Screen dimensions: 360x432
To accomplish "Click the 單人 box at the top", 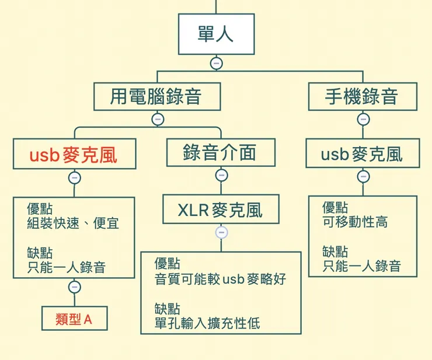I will [216, 34].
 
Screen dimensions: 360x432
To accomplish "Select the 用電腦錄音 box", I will [157, 96].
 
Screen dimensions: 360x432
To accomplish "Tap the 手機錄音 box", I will [363, 96].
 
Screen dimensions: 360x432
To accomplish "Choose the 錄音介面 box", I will [221, 153].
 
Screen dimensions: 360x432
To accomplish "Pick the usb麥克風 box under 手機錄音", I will [363, 153].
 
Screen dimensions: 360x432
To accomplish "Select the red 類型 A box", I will [74, 319].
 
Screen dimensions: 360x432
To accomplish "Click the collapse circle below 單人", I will [216, 63].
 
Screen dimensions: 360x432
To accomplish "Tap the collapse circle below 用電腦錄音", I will [157, 119].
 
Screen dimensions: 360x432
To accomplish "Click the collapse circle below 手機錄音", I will [363, 119].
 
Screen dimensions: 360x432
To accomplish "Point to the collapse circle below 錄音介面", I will [221, 175].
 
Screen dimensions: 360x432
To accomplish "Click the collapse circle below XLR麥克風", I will [221, 232].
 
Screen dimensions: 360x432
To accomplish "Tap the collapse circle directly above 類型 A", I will [74, 286].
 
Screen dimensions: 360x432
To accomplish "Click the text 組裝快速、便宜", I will [73, 223].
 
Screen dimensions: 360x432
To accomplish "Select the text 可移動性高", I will [355, 222].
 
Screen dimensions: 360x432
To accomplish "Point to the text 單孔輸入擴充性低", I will [207, 323].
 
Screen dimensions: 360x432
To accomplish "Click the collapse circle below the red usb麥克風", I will [74, 177].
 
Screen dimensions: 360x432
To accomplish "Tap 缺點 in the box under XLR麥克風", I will [168, 308].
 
